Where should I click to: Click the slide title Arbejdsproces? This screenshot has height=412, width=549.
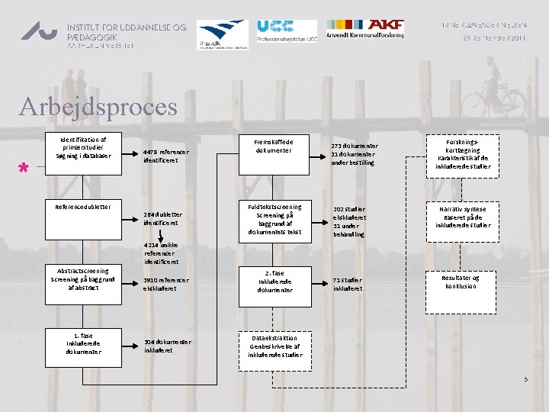coord(98,106)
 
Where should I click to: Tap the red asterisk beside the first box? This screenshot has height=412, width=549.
coord(24,169)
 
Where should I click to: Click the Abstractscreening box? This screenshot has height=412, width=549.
coord(83,280)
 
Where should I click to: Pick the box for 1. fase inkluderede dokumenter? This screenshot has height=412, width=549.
coord(83,343)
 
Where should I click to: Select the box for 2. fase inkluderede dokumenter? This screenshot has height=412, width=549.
coord(274,281)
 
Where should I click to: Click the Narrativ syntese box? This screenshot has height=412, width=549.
coord(464,217)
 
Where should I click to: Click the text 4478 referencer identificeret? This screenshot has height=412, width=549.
coord(165,156)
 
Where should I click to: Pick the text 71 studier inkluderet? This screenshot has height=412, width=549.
coord(348,285)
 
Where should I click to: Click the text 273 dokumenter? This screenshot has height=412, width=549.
coord(355,146)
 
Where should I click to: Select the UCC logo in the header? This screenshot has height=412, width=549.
coord(286,31)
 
